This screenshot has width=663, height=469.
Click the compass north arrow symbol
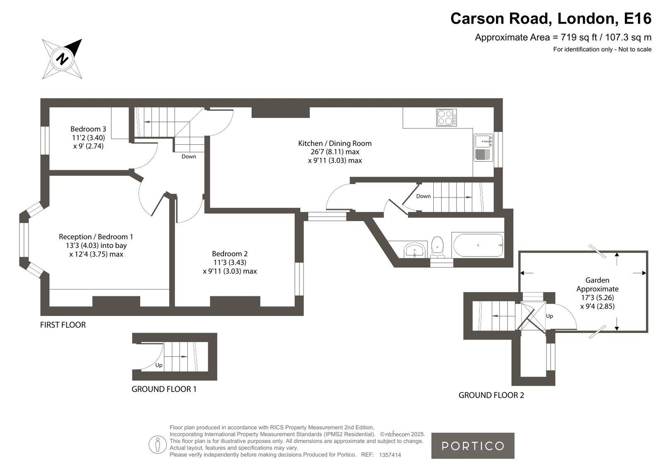click(62, 59)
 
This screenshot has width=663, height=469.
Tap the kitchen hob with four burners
click(446, 117)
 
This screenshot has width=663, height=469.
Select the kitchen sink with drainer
click(483, 148)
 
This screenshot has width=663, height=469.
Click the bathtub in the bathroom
click(478, 245)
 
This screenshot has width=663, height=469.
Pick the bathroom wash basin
click(415, 250)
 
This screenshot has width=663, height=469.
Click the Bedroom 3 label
click(88, 129)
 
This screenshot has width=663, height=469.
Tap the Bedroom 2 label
click(230, 254)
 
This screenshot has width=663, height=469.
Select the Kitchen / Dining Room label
click(335, 143)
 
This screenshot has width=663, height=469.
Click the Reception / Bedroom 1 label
click(96, 237)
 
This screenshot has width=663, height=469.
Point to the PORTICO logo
click(473, 446)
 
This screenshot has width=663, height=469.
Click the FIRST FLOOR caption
click(63, 325)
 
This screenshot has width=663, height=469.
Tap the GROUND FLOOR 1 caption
click(164, 389)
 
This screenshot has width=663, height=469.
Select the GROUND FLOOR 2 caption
click(491, 395)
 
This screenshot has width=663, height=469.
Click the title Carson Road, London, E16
click(551, 18)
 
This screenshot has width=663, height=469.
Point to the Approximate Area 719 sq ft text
click(563, 37)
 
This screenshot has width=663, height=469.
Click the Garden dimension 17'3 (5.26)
click(597, 298)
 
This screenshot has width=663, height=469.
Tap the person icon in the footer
click(158, 445)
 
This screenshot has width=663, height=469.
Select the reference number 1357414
click(390, 455)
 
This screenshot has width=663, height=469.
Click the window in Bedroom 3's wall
click(45, 140)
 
